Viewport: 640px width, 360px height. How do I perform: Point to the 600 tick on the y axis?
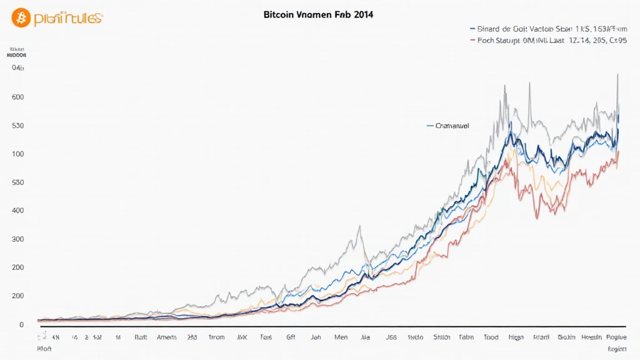tap(17, 97)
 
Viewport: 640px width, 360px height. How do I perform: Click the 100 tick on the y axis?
tap(17, 154)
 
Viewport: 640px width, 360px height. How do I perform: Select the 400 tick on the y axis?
tap(17, 211)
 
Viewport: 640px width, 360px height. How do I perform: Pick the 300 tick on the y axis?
tap(17, 239)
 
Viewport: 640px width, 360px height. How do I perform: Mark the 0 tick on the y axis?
tap(21, 324)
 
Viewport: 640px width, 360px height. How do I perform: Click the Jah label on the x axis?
tap(315, 337)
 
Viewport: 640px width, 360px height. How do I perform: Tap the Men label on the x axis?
tap(341, 337)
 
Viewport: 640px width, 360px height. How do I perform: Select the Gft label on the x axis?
tap(291, 337)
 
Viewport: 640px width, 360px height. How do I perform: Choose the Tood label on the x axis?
tap(491, 337)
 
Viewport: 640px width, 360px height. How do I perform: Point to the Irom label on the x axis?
tap(216, 337)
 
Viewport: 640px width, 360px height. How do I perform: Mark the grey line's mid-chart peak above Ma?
tap(359, 226)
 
